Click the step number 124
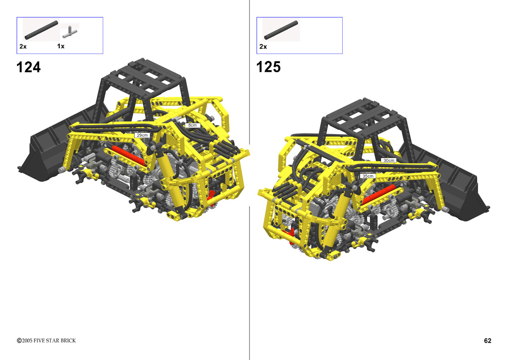[29, 67]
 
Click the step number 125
[269, 67]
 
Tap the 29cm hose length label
[142, 135]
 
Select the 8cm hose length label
[192, 125]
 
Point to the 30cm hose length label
[388, 160]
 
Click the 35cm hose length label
[368, 176]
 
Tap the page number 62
[488, 340]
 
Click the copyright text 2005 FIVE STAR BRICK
[47, 340]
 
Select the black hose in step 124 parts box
[41, 30]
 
